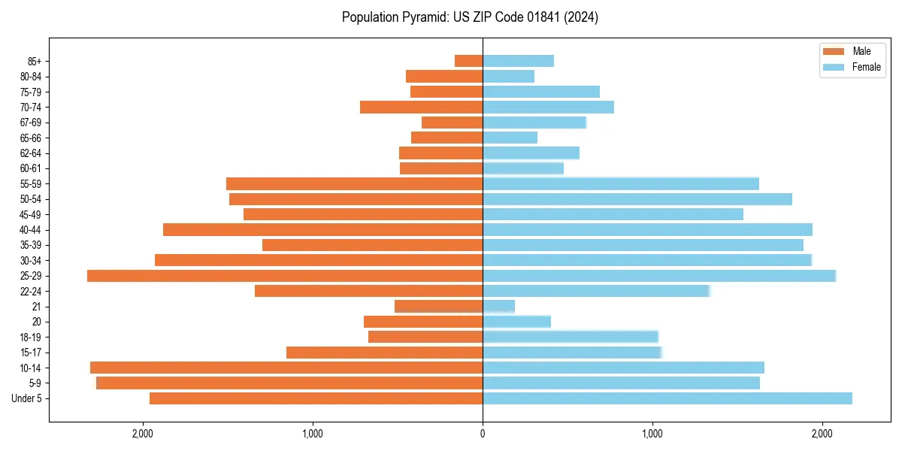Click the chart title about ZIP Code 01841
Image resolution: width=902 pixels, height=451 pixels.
pos(470,17)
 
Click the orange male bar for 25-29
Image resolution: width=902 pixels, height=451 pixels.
pos(285,276)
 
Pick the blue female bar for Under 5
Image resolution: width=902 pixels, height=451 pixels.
pos(667,398)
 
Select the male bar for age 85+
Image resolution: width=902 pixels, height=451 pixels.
pos(468,61)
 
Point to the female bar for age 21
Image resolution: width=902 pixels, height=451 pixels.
pos(499,307)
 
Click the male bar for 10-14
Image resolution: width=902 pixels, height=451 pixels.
pos(286,368)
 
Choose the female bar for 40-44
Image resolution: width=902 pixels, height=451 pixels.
pos(647,230)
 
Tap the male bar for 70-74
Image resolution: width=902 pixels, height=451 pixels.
pos(421,107)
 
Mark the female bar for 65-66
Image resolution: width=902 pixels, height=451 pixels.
pos(510,138)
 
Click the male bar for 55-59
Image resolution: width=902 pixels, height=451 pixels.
pos(354,184)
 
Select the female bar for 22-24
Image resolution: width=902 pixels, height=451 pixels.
pos(595,291)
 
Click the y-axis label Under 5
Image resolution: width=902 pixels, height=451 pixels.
pos(26,398)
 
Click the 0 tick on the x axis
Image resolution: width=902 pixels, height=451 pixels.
pos(483,434)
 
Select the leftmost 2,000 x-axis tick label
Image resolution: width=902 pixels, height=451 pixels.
pos(142,434)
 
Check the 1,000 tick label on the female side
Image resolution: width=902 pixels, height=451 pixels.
pos(652,434)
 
